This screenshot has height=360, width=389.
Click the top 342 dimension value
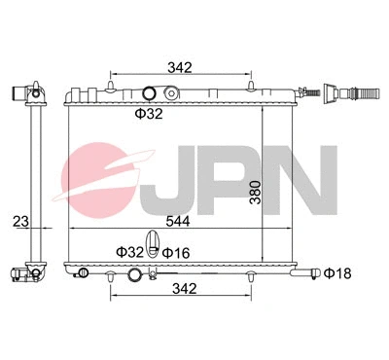coord(179,67)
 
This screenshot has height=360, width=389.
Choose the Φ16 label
coord(175,252)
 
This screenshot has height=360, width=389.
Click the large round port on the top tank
coord(149,94)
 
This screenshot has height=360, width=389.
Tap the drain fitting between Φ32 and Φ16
coord(152,243)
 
